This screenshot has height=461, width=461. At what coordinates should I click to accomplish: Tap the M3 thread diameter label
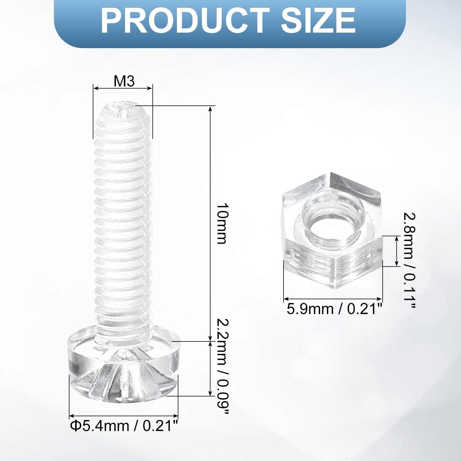tap(124, 81)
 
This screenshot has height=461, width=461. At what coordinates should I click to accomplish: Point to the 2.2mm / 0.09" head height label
tap(222, 366)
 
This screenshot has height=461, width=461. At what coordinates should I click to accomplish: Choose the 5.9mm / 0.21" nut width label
tap(334, 309)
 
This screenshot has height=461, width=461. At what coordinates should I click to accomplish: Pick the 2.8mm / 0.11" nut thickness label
tap(409, 261)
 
